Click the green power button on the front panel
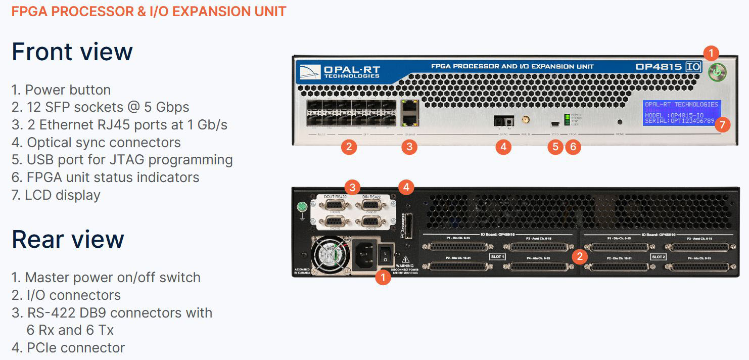point(715,72)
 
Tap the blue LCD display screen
point(681,112)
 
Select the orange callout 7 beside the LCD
point(723,124)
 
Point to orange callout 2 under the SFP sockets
point(348,147)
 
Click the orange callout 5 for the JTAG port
point(555,147)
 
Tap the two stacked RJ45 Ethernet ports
point(408,113)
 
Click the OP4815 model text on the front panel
point(659,67)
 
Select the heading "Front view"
point(72,52)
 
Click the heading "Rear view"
point(68,239)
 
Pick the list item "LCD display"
point(56,195)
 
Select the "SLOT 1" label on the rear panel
point(498,257)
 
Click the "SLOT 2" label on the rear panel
point(658,257)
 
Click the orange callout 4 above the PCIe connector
point(405,188)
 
